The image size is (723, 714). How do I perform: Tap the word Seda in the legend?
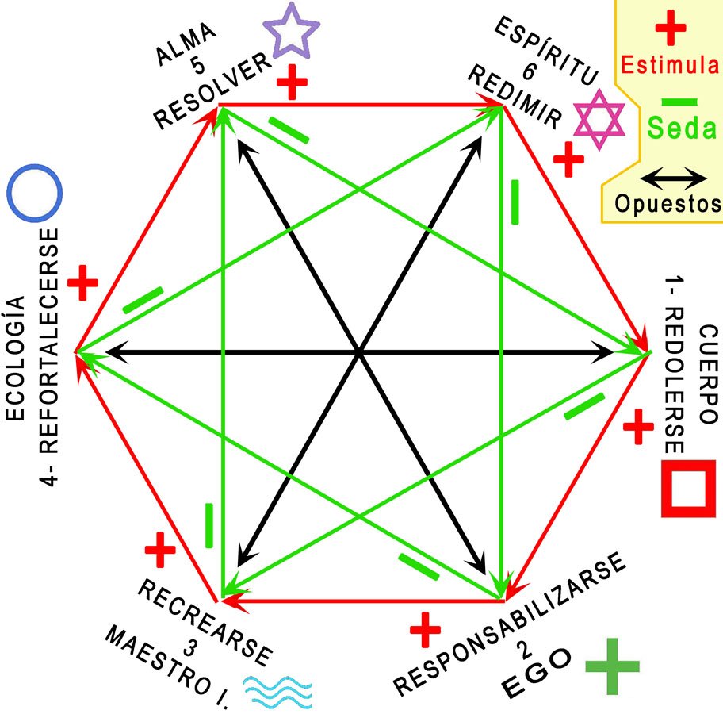[x=680, y=127]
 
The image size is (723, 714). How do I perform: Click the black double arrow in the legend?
[x=674, y=176]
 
